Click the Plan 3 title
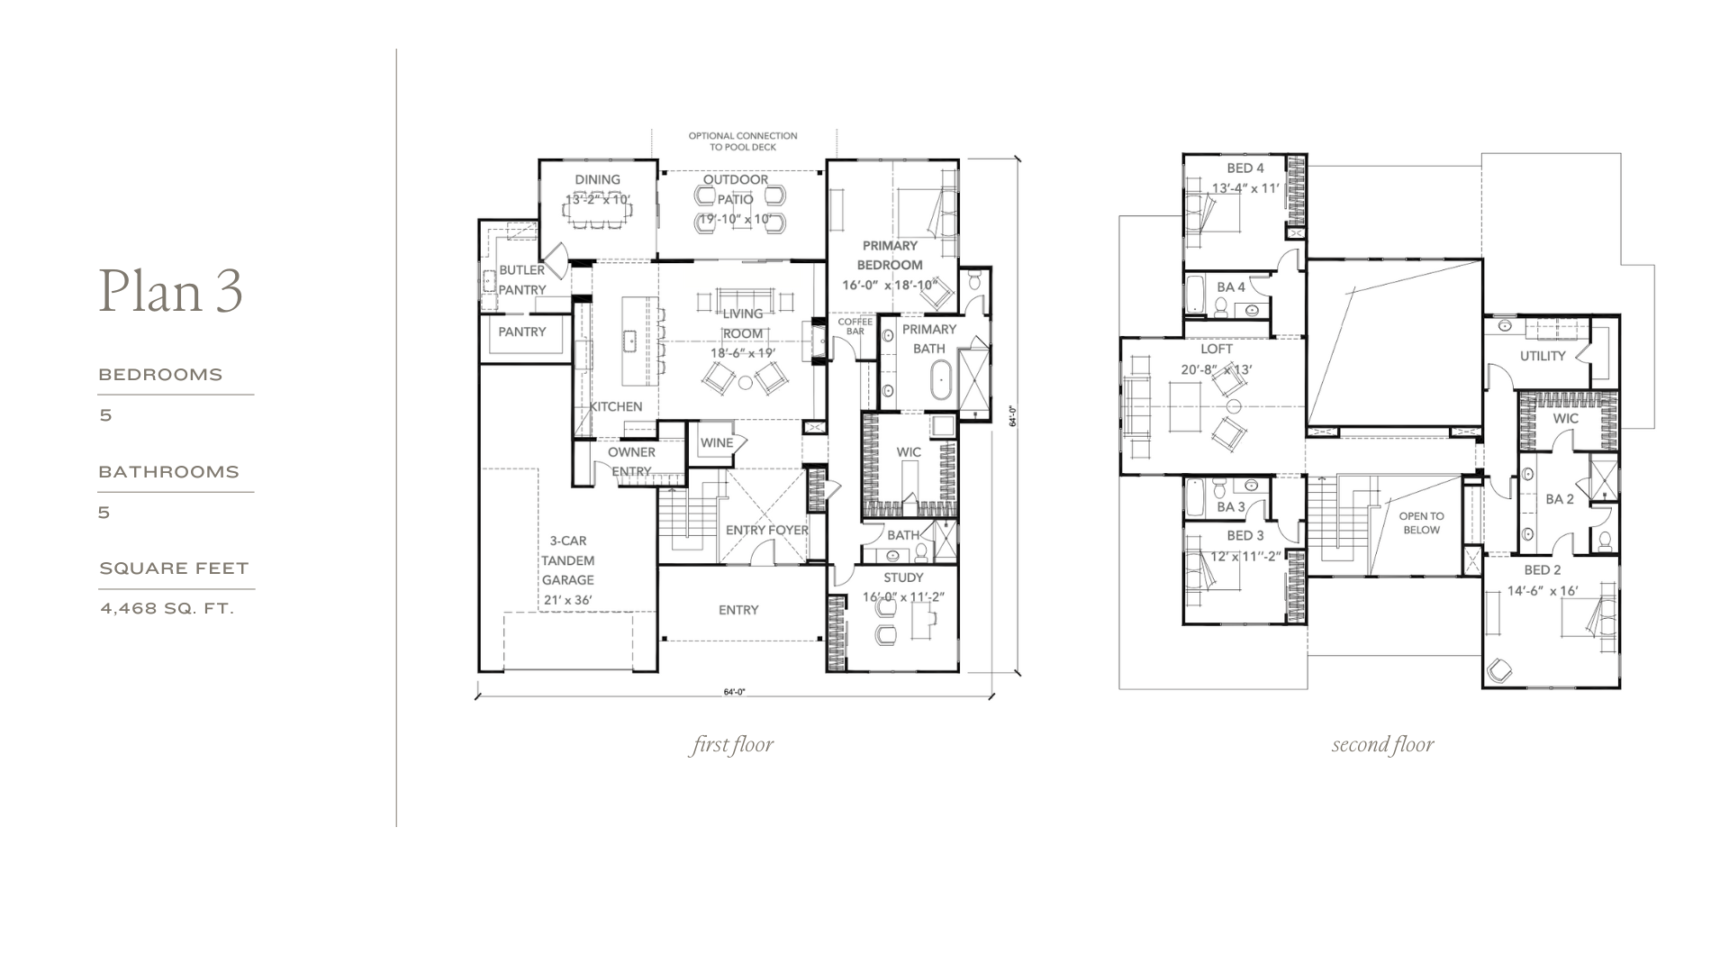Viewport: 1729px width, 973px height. (171, 291)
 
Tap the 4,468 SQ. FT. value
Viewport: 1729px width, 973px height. (167, 608)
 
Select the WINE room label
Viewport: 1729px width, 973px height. (717, 442)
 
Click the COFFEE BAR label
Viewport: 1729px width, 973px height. (855, 326)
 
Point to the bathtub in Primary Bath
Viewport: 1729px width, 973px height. (942, 381)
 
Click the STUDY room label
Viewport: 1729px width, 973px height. (903, 577)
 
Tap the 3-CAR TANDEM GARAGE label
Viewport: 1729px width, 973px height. (568, 560)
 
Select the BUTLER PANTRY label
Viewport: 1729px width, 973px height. (522, 280)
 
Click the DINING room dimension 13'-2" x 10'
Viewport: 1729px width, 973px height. (598, 199)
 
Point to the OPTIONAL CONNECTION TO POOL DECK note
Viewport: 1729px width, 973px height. (743, 141)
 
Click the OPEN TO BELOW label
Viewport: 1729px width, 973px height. (1421, 523)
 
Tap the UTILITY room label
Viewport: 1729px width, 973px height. (1543, 356)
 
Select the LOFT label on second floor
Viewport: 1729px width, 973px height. (1217, 349)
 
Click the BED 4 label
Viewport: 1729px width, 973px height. (1245, 168)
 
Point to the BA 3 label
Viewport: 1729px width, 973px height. (1231, 507)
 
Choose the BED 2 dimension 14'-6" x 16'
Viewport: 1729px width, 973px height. (1543, 590)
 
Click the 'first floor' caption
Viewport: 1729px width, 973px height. (732, 745)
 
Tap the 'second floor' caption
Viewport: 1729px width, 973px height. (1383, 745)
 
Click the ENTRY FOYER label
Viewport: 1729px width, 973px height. (767, 530)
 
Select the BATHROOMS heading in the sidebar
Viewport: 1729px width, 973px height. (169, 472)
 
